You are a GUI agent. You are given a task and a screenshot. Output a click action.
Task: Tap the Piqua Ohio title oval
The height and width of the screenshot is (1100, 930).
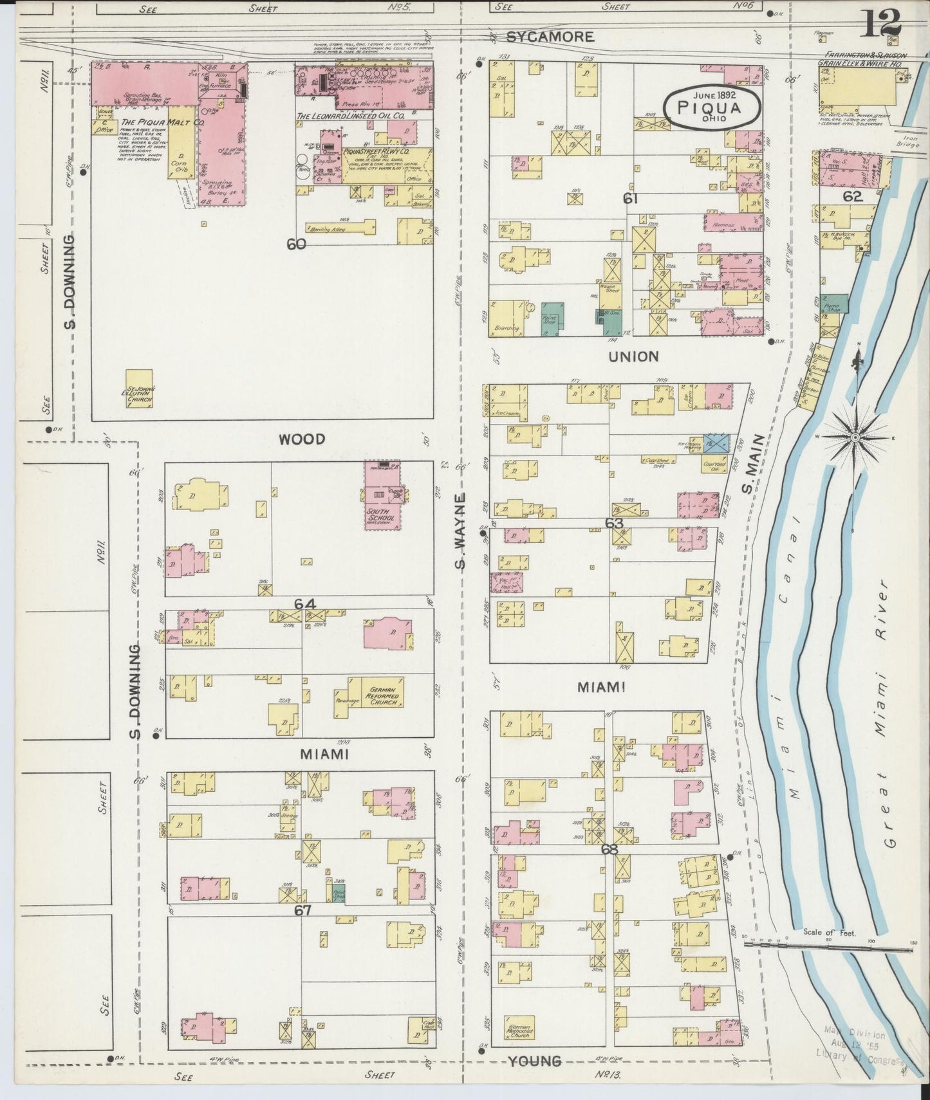tap(712, 107)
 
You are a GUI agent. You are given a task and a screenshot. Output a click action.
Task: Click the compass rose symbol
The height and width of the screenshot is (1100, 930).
tap(855, 437)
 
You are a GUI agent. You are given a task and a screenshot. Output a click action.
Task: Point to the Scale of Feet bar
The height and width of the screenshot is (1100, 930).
tap(830, 944)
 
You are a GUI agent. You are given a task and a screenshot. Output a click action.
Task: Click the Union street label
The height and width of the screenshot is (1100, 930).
tap(635, 356)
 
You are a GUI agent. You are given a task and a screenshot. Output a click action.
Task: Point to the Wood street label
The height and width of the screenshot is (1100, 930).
tap(302, 439)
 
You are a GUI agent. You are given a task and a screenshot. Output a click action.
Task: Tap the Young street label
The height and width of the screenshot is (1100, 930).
tap(535, 1061)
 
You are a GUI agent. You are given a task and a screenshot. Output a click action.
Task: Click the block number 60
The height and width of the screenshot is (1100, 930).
tap(296, 244)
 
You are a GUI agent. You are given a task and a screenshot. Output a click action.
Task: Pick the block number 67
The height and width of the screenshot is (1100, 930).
tap(302, 910)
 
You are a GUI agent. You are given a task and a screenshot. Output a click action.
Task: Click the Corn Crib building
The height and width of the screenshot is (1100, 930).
tap(181, 166)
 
